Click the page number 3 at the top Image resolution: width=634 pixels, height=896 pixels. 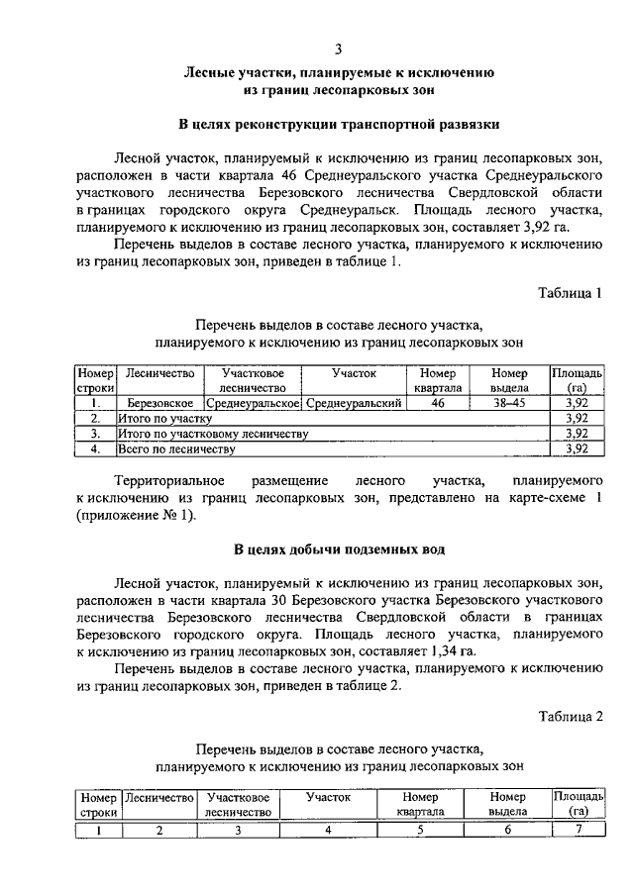[338, 49]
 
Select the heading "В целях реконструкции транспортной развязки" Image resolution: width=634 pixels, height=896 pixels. [338, 126]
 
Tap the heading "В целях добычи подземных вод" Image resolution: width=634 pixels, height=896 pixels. [339, 548]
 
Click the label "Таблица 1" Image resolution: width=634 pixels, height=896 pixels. [571, 293]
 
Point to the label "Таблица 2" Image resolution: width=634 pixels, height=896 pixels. [571, 716]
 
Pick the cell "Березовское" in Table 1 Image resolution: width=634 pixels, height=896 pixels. [160, 404]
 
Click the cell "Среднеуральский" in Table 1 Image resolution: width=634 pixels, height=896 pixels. [354, 404]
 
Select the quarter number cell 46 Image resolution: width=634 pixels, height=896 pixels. [437, 404]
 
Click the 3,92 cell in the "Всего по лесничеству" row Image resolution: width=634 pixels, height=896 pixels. [577, 448]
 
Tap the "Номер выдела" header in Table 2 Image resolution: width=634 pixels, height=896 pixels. [508, 803]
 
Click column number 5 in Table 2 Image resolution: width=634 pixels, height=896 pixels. [420, 830]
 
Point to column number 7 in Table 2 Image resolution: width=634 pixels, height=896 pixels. [579, 830]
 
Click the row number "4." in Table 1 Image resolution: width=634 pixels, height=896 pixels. [96, 448]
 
